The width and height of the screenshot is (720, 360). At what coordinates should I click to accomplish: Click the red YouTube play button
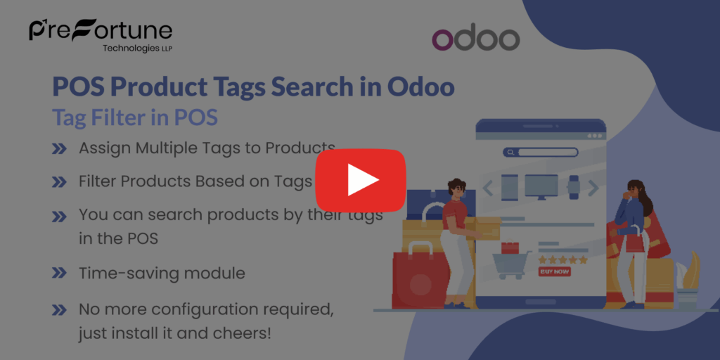tap(360, 180)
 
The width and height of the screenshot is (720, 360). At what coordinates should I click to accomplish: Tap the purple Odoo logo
tap(476, 40)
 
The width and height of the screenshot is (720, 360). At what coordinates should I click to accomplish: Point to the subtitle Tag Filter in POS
tap(135, 117)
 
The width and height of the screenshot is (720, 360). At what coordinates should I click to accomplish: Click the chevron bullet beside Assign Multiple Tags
tap(60, 149)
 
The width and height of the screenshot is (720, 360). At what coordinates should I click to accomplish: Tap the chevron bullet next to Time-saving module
tap(60, 274)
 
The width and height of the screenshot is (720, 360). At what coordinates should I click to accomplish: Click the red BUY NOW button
tap(554, 271)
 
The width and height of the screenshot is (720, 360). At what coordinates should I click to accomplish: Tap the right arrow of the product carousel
tap(593, 187)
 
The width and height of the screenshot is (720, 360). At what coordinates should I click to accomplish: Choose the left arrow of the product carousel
tap(487, 188)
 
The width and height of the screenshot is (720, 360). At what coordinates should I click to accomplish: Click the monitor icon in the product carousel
tap(541, 186)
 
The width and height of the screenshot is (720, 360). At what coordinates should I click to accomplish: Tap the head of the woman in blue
tap(634, 188)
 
